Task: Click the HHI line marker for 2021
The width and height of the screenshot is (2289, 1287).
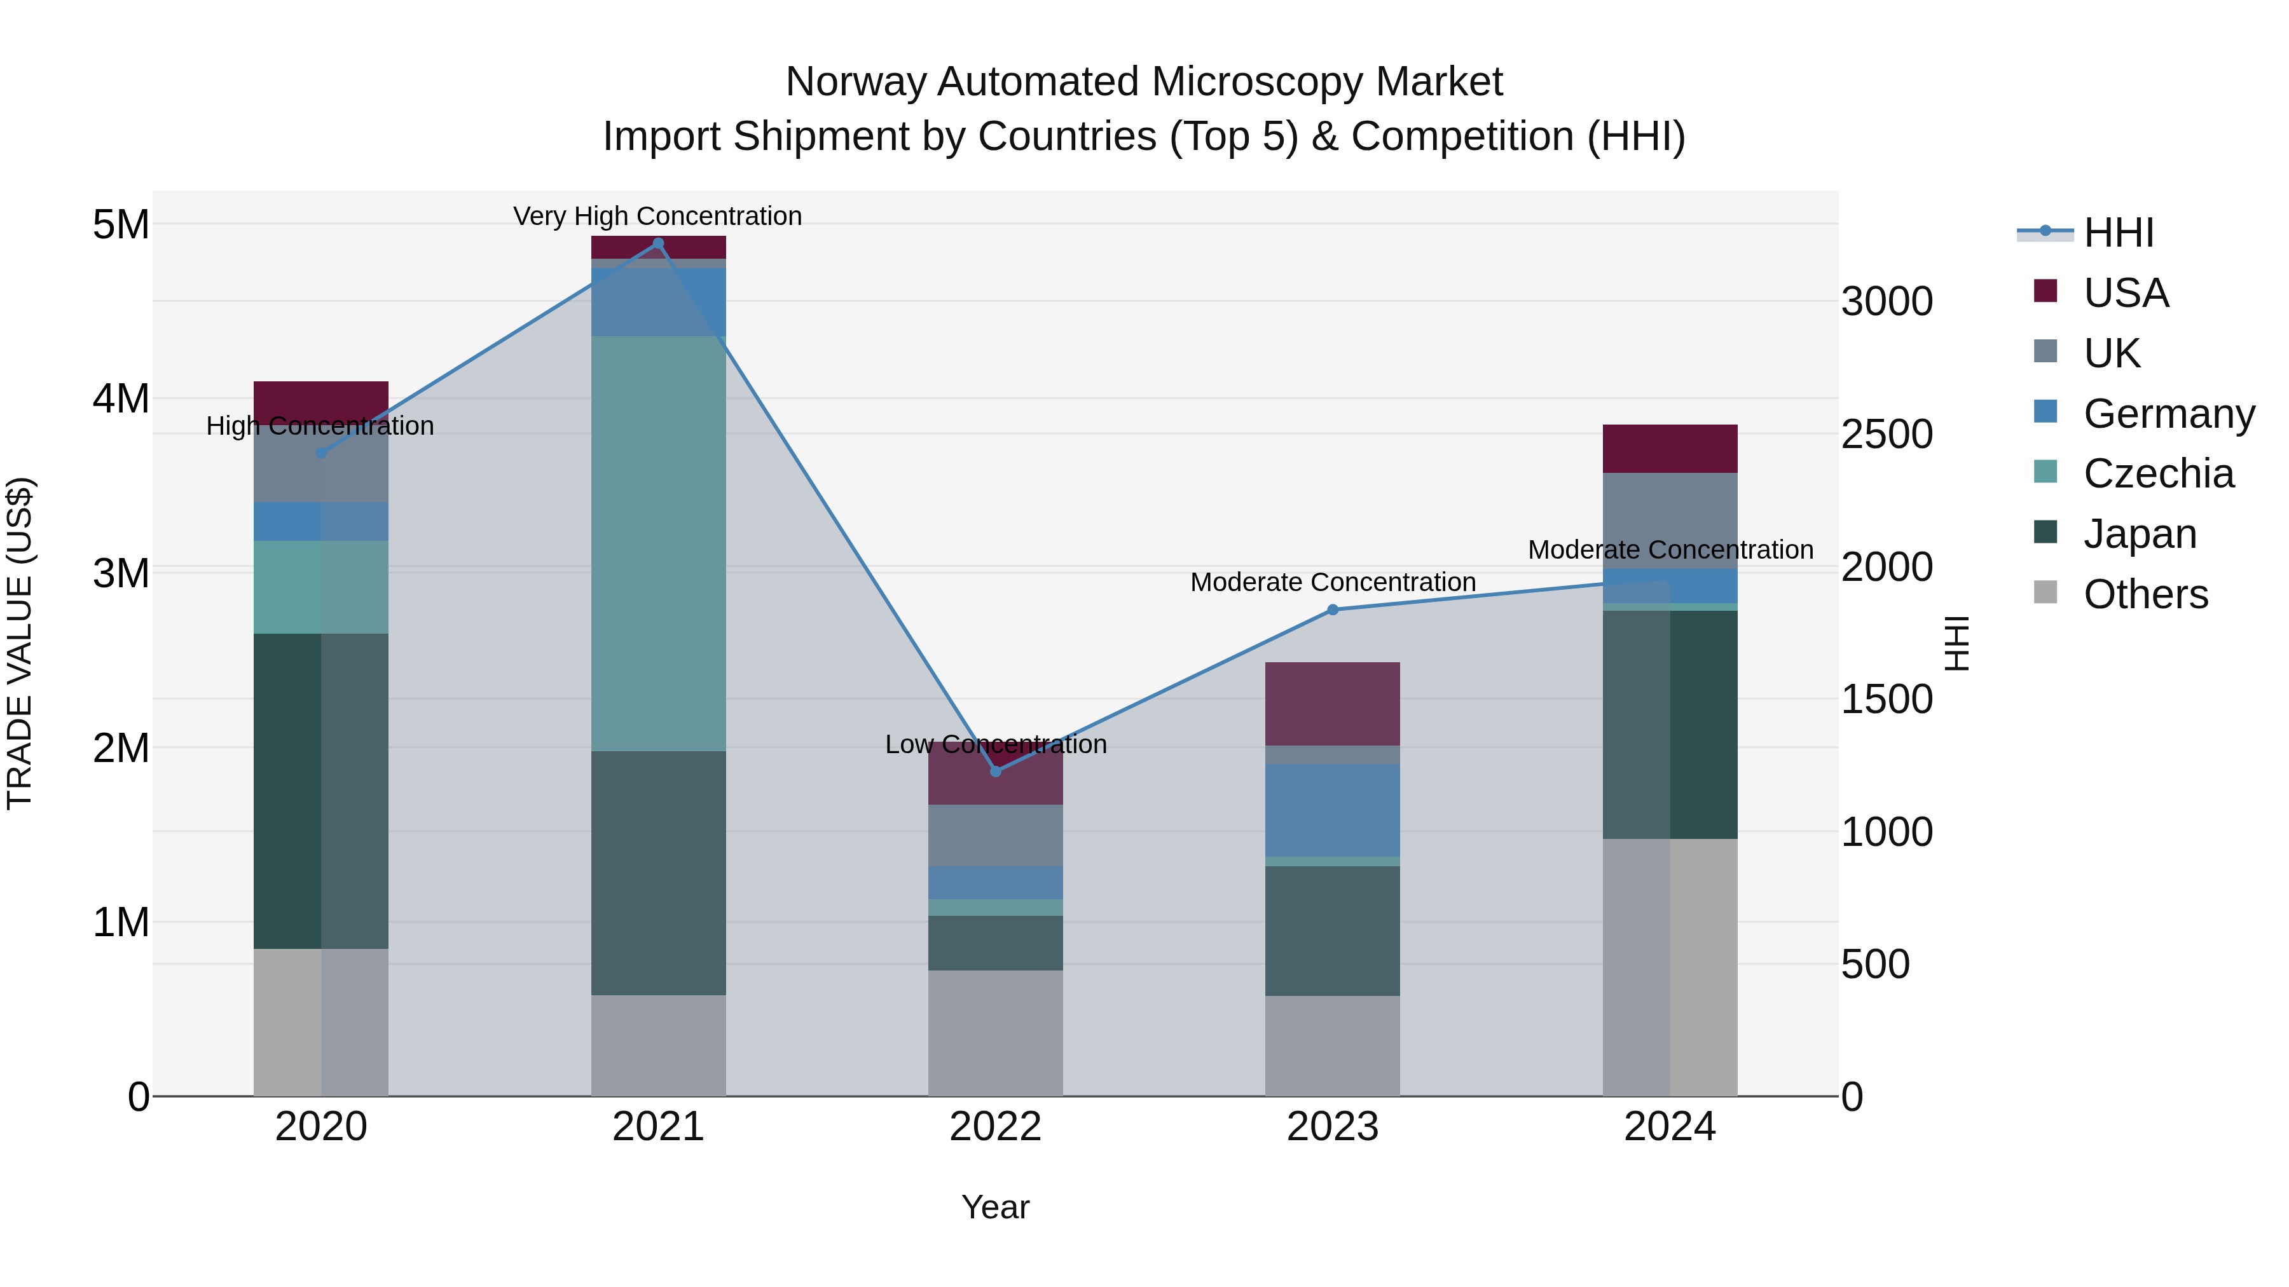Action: [657, 243]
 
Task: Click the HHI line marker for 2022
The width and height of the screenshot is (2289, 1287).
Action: [995, 772]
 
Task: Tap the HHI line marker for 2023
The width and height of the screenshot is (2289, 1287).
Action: [1332, 610]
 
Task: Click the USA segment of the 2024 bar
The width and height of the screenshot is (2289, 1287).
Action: [1669, 449]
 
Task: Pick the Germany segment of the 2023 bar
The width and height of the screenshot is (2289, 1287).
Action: [1332, 810]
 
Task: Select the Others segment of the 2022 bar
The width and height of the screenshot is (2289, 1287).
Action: [995, 1032]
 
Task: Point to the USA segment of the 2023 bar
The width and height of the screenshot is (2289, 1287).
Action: [1332, 704]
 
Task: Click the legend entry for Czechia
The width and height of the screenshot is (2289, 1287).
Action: [2157, 473]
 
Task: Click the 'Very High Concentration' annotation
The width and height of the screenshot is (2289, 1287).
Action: [657, 217]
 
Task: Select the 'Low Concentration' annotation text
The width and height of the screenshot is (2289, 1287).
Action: [995, 744]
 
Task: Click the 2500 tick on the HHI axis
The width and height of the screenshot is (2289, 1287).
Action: [1886, 434]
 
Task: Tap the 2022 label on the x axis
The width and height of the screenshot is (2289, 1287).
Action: [995, 1127]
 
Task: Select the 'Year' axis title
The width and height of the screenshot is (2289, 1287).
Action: [995, 1207]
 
